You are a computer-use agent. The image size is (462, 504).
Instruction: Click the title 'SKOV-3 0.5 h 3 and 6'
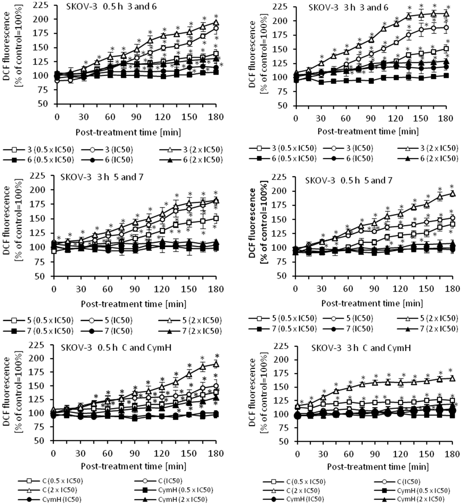click(x=111, y=7)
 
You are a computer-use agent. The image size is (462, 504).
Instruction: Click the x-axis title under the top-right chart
click(x=368, y=131)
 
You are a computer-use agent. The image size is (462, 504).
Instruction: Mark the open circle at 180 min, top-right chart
click(x=446, y=28)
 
